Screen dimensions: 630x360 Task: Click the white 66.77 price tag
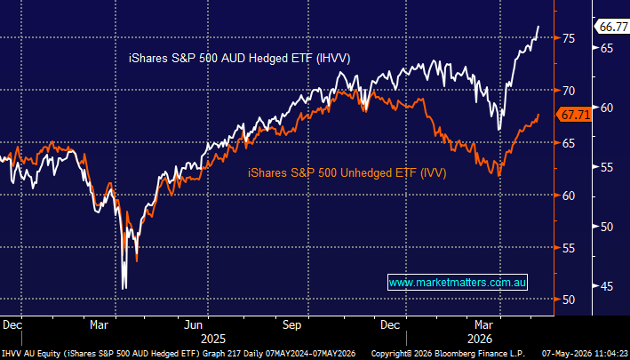tap(611, 27)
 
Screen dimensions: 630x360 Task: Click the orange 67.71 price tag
tap(574, 116)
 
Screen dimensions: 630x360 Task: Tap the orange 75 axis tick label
tap(569, 38)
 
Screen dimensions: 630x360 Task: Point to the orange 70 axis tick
tap(569, 91)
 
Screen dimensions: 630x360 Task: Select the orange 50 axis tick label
tap(569, 300)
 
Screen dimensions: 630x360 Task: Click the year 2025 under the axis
tap(213, 339)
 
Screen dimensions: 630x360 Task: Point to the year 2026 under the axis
tap(480, 339)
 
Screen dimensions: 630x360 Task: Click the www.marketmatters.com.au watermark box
tap(458, 283)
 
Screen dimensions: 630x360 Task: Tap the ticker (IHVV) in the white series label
tap(333, 59)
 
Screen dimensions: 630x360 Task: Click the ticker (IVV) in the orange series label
tap(433, 173)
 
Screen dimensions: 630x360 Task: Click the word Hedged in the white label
tap(267, 59)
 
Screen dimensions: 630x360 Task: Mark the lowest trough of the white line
tap(124, 288)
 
